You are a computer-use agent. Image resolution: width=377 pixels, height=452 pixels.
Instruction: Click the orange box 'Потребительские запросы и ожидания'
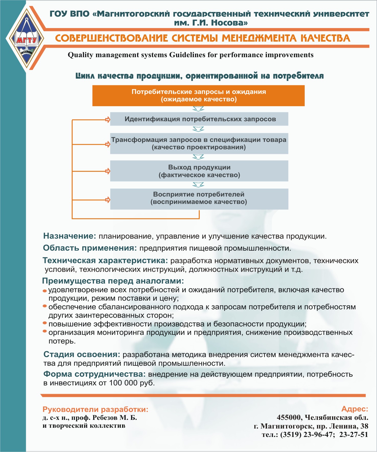point(198,95)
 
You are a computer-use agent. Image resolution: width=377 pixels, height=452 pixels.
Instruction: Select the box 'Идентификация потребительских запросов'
point(199,119)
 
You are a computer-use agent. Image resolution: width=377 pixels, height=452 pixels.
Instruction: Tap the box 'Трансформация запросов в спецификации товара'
point(199,143)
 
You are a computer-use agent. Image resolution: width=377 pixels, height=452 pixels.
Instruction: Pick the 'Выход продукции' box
point(199,171)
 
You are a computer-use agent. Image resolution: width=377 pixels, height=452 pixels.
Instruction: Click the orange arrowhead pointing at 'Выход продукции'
point(108,171)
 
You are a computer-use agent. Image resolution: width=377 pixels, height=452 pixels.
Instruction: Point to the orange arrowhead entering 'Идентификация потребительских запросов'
point(108,119)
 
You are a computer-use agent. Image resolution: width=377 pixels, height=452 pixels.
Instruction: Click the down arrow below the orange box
point(198,109)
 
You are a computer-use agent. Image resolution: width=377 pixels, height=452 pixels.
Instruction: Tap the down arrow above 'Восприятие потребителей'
point(198,185)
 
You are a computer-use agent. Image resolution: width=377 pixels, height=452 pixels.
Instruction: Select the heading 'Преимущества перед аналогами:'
point(113,281)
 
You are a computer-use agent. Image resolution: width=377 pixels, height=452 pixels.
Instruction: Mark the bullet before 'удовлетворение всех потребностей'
point(45,291)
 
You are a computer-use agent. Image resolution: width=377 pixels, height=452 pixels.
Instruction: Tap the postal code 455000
point(289,418)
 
